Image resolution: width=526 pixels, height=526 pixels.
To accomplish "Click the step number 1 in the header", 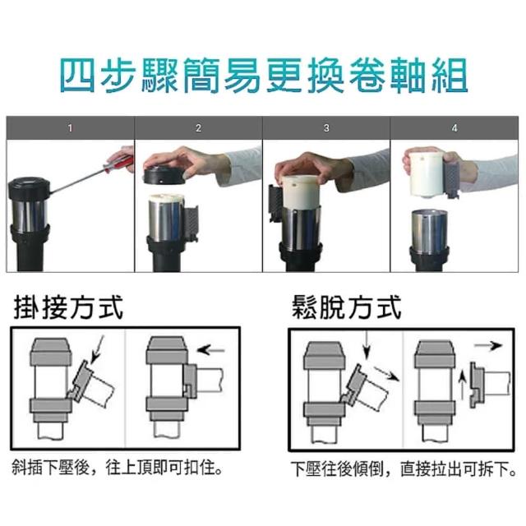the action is pyautogui.click(x=70, y=128).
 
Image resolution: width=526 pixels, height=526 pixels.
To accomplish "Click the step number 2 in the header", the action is pyautogui.click(x=198, y=128).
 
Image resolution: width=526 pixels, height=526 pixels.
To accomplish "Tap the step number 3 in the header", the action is pyautogui.click(x=326, y=128).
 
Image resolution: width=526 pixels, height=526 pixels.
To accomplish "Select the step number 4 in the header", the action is pyautogui.click(x=454, y=128).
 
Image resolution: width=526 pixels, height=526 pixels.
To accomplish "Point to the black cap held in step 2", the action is pyautogui.click(x=164, y=176).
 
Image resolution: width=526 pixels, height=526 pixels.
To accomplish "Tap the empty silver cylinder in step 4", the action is pyautogui.click(x=429, y=232).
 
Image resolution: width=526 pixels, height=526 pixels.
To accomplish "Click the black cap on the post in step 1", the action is pyautogui.click(x=29, y=189).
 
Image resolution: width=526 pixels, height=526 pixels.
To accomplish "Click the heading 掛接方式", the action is pyautogui.click(x=68, y=307).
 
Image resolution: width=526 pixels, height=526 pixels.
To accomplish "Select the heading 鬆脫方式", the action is pyautogui.click(x=346, y=307).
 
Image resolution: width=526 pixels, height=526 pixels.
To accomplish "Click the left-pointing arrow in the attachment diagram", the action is pyautogui.click(x=210, y=351).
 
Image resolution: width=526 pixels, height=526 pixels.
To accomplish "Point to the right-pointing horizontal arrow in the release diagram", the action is pyautogui.click(x=487, y=346).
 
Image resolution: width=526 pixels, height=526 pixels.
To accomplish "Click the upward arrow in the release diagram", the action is pyautogui.click(x=463, y=385).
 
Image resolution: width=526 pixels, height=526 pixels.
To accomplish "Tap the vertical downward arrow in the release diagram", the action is pyautogui.click(x=367, y=344).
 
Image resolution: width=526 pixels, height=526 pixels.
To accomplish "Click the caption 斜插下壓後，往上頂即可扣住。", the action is pyautogui.click(x=118, y=468).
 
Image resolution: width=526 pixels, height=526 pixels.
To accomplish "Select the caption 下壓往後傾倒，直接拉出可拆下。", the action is pyautogui.click(x=404, y=468).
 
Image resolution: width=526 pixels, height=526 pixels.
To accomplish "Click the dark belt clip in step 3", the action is pyautogui.click(x=276, y=203).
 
